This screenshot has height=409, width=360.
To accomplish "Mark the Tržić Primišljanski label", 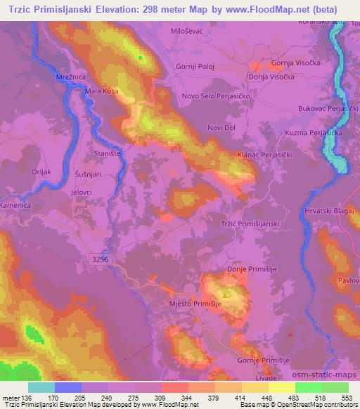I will (x=250, y=223).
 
